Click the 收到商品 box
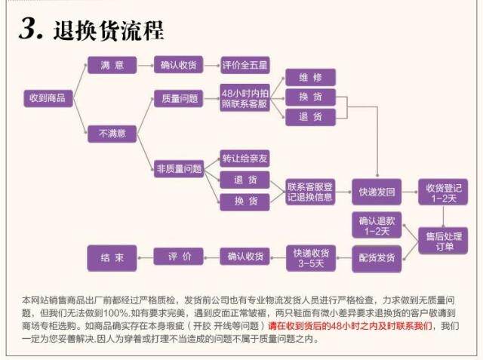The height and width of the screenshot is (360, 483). click(47, 97)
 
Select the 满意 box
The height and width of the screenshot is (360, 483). click(112, 65)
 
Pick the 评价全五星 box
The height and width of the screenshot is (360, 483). click(245, 65)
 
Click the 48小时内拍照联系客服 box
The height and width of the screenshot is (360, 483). click(245, 98)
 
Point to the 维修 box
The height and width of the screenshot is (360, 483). click(309, 77)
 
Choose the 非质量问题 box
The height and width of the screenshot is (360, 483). click(179, 168)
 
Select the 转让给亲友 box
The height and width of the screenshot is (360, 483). click(245, 158)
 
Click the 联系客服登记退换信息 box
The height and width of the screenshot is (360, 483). click(310, 192)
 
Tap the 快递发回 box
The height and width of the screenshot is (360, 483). click(377, 192)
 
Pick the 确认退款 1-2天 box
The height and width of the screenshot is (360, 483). click(377, 226)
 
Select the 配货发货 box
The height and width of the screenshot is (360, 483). click(377, 257)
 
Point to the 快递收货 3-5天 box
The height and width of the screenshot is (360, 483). click(310, 257)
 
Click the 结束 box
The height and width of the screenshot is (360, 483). click(112, 257)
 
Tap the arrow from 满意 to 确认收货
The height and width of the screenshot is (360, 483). click(146, 65)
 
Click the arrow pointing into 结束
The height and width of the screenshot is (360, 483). click(146, 257)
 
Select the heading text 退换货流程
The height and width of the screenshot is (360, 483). click(109, 31)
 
